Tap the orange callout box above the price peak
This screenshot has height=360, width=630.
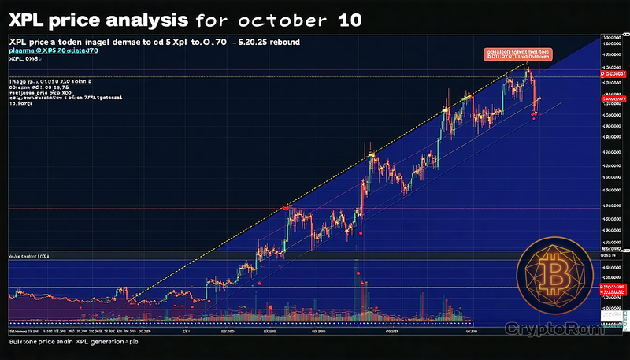[517, 54]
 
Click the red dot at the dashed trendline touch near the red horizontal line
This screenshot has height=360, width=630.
[285, 207]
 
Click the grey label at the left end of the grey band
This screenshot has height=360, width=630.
[28, 257]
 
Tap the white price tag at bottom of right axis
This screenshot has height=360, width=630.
[610, 315]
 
